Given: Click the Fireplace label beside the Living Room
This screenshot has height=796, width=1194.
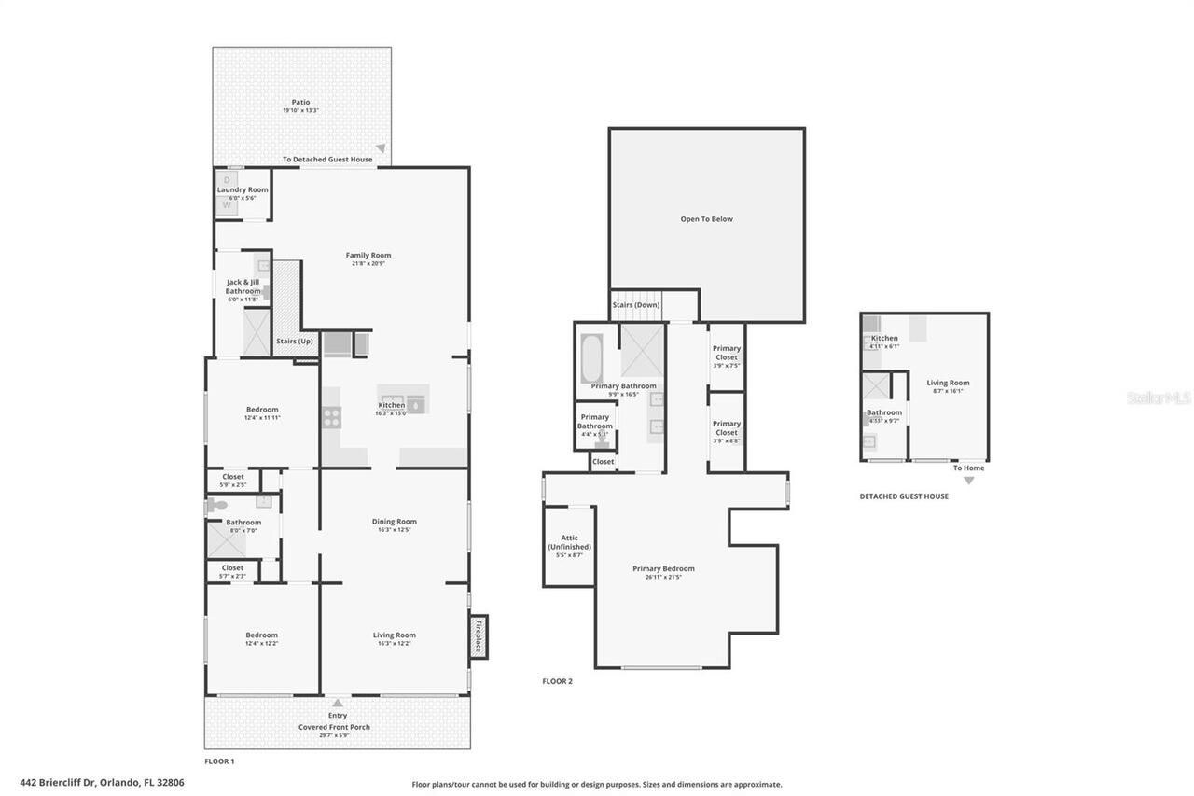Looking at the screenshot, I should point(479,635).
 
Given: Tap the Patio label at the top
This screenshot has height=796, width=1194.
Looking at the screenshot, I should point(300,103).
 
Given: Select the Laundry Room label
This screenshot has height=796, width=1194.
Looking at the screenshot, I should point(243,189).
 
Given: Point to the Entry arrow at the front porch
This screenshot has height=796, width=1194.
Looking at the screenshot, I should point(338,703).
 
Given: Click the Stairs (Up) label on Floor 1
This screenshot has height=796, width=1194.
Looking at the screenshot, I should point(294,342).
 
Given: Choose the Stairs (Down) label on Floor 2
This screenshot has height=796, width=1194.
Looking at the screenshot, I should point(635,305).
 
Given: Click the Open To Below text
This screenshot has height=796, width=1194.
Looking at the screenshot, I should point(706,219).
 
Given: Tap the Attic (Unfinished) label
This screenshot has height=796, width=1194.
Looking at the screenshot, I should point(569,542).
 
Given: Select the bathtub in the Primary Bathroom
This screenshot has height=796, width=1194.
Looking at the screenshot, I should point(592,358).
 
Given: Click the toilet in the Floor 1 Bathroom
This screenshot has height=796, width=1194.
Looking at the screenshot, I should point(216,506).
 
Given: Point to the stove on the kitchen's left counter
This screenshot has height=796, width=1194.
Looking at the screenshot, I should point(331,418).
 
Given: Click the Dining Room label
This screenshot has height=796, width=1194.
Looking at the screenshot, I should point(394,522).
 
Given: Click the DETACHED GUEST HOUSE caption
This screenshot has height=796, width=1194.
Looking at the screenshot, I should point(904,496).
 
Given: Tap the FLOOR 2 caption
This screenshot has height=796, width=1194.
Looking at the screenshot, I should point(557,681).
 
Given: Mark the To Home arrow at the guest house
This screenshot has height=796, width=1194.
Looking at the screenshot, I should point(968,480).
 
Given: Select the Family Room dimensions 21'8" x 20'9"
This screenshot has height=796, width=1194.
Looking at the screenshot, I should point(368,264).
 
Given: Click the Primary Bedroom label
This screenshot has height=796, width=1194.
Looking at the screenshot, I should point(663,568).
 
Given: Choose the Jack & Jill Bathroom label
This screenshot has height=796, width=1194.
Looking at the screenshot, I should point(243,286).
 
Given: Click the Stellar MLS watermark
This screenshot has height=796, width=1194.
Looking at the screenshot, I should point(1159,398).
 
